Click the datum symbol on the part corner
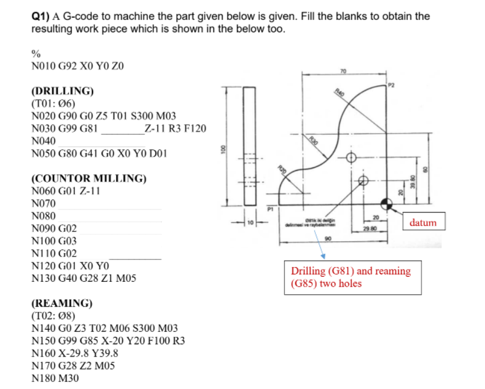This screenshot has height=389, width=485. click(387, 204)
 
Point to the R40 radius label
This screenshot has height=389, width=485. click(338, 92)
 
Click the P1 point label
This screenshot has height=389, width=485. click(271, 208)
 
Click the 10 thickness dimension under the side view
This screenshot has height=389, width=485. click(249, 222)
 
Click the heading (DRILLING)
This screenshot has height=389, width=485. click(61, 91)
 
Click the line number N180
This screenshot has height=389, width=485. click(43, 378)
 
